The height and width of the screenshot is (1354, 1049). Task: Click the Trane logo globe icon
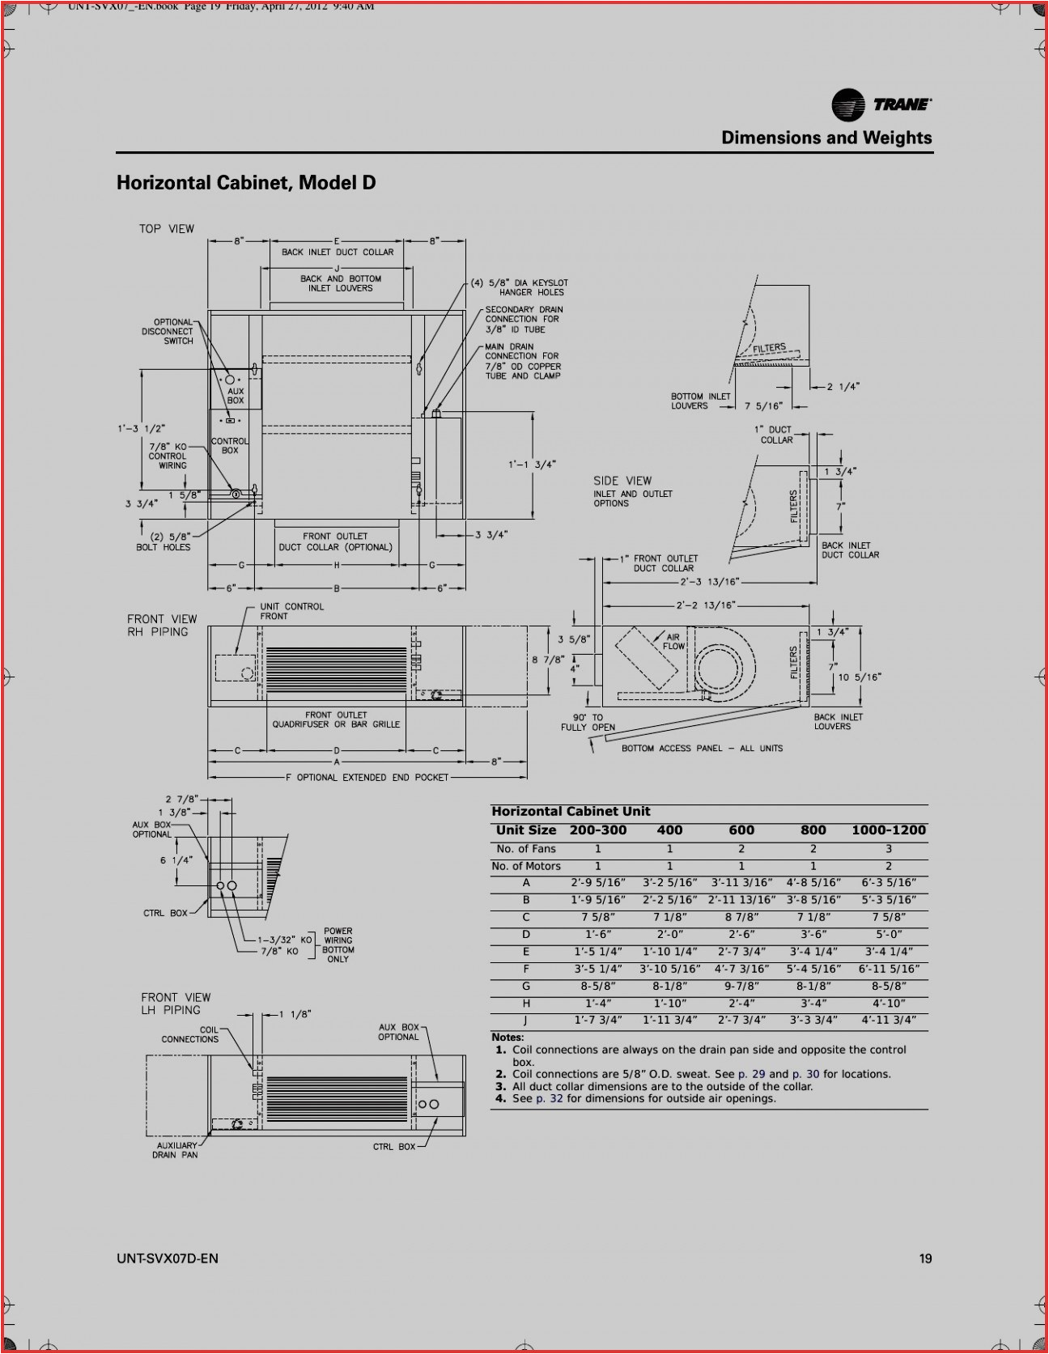(x=847, y=105)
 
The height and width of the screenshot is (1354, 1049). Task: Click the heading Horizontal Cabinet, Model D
(x=246, y=183)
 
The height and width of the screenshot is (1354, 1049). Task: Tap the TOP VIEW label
(x=167, y=229)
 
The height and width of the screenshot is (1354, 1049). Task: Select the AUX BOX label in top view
(x=235, y=396)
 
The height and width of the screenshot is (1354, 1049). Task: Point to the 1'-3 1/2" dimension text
(x=141, y=429)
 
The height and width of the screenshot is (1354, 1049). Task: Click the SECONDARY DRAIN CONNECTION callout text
(x=524, y=319)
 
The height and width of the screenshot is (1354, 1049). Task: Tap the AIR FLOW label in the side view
(x=673, y=642)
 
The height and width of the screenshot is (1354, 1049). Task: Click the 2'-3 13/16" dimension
(x=709, y=582)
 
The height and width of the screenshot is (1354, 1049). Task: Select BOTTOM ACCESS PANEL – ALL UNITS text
(x=702, y=749)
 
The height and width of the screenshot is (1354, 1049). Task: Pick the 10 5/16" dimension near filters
(x=860, y=677)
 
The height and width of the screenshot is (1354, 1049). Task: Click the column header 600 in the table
(x=741, y=830)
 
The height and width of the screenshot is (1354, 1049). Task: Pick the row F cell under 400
(x=669, y=969)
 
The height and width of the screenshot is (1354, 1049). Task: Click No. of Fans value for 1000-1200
(x=888, y=849)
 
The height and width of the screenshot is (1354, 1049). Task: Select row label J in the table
(x=525, y=1021)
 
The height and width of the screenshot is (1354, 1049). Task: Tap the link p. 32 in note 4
(x=549, y=1098)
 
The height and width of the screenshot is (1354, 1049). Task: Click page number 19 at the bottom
(x=925, y=1258)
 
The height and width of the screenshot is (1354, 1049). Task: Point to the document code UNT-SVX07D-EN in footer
(x=168, y=1258)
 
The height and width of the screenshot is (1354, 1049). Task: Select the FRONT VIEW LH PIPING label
(x=175, y=1004)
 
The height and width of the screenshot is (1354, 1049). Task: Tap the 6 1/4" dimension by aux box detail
(x=176, y=860)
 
